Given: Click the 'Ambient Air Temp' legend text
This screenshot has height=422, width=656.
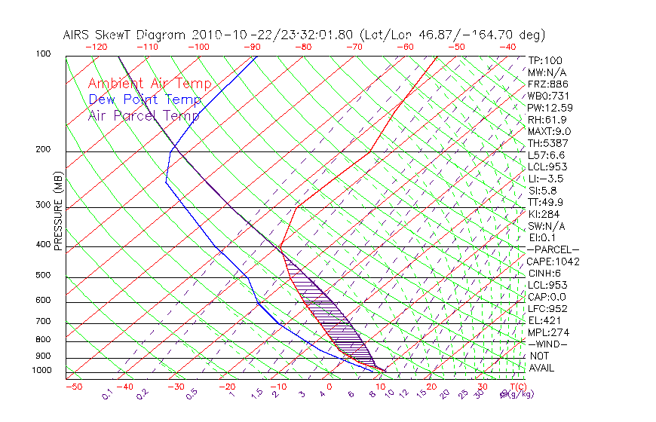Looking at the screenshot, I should (x=149, y=84).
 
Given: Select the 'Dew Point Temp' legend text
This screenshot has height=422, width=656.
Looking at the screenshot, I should (x=145, y=99).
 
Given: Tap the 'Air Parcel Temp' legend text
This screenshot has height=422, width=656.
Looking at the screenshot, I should (x=143, y=115).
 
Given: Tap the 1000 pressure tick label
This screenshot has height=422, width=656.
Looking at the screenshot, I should (x=42, y=371).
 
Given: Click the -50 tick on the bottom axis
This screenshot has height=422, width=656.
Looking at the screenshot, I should (x=73, y=387).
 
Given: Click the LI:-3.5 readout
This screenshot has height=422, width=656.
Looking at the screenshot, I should (x=546, y=179).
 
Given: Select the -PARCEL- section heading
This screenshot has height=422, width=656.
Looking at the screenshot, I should (x=553, y=249).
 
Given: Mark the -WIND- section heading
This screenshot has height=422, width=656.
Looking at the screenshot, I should (x=547, y=344).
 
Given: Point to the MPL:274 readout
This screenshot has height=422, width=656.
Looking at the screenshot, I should (x=547, y=332).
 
